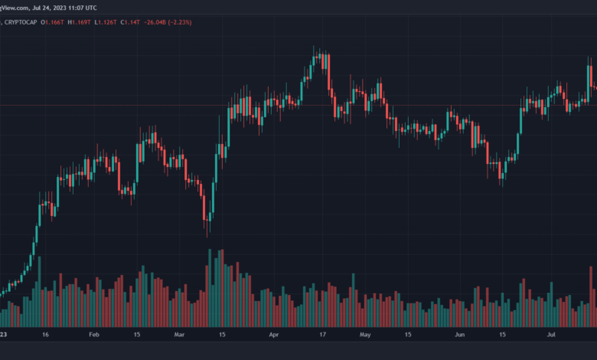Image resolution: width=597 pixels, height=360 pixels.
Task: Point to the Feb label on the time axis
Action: (x=94, y=335)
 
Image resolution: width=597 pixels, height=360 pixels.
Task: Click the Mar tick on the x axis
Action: (x=179, y=335)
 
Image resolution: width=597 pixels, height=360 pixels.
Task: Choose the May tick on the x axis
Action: (x=365, y=335)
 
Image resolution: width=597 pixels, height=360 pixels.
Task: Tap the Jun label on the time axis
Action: (x=459, y=335)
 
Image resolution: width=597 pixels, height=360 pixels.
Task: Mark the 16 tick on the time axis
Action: (x=46, y=335)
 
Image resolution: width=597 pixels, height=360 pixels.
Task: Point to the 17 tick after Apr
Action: (x=322, y=335)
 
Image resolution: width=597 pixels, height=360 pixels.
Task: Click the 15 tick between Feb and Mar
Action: (x=137, y=335)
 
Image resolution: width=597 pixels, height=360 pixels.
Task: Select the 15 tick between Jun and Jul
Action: (x=503, y=335)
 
